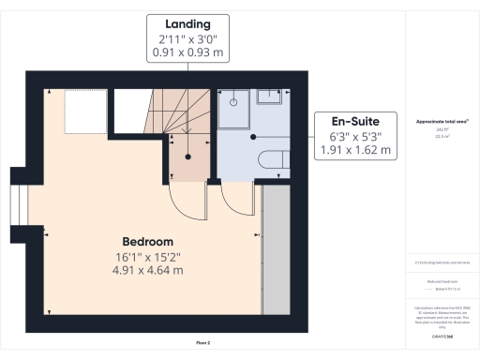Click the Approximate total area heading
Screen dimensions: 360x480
tap(441, 122)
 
